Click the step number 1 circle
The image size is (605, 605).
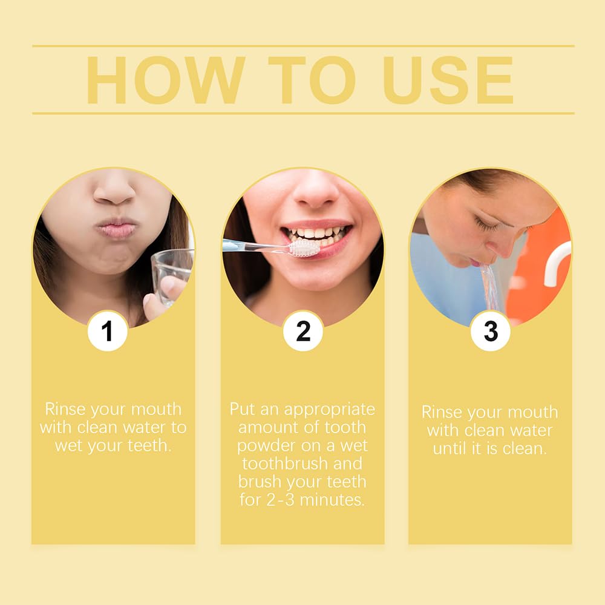click(x=107, y=331)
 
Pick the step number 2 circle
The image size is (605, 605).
click(x=302, y=331)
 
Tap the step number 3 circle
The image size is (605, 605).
click(x=490, y=331)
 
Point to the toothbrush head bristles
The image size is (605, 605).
click(x=304, y=248)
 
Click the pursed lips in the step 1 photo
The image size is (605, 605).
click(x=116, y=229)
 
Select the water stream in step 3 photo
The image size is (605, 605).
click(x=491, y=287)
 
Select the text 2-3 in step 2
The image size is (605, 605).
click(x=275, y=500)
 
